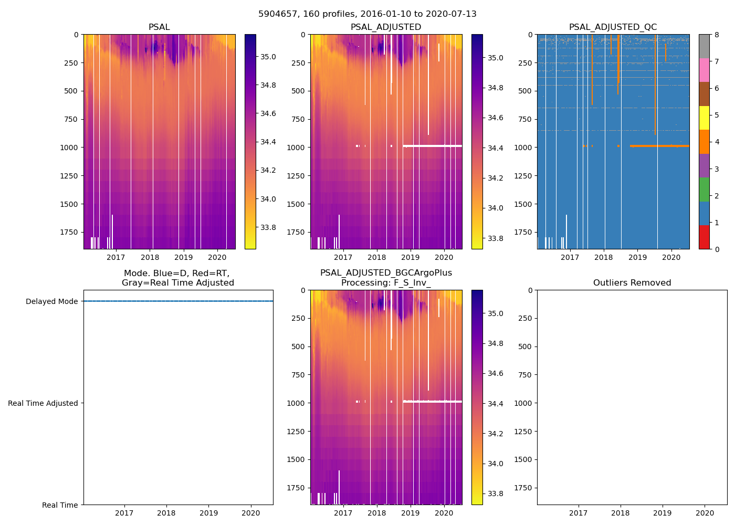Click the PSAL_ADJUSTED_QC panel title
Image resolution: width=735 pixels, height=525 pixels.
click(613, 27)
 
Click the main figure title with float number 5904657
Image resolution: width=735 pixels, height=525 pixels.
click(367, 14)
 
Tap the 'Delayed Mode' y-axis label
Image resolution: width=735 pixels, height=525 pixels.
click(51, 301)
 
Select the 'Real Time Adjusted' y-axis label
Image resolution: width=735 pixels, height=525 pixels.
click(43, 403)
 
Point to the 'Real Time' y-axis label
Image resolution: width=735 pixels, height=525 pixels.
click(60, 505)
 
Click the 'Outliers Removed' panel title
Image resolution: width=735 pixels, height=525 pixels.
click(632, 283)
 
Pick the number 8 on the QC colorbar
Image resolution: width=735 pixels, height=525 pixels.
click(716, 35)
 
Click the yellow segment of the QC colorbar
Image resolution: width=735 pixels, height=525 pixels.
click(704, 118)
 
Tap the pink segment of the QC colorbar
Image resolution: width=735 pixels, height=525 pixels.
click(704, 70)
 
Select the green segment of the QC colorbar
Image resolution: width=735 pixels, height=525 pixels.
click(704, 190)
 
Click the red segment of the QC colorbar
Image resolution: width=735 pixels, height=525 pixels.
click(704, 237)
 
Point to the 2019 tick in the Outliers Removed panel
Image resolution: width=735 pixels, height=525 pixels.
click(663, 513)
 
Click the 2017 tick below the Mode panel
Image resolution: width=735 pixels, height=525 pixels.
click(124, 513)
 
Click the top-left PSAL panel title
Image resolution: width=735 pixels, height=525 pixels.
click(159, 27)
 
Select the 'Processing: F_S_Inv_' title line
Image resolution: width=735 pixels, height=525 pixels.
click(386, 283)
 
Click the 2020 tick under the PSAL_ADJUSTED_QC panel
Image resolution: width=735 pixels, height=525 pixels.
click(671, 257)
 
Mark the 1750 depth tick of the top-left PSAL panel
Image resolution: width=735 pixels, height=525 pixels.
click(69, 232)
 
